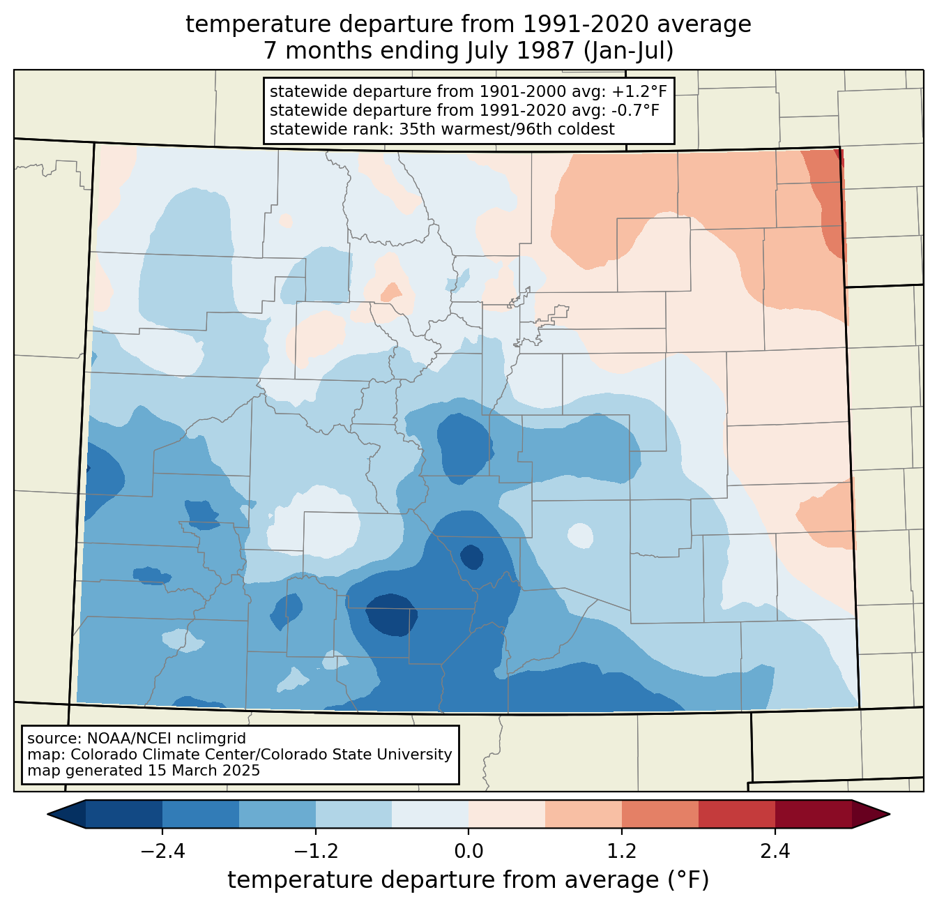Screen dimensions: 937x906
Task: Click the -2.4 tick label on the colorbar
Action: (x=162, y=851)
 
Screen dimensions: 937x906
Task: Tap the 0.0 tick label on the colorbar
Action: (x=468, y=851)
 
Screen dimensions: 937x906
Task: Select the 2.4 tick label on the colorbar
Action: (x=775, y=851)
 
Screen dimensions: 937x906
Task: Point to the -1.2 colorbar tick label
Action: (x=315, y=851)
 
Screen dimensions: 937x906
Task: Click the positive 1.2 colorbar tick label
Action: (x=622, y=851)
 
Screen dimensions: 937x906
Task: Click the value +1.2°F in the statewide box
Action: (x=640, y=91)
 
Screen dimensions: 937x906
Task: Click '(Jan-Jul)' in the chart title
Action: (x=628, y=51)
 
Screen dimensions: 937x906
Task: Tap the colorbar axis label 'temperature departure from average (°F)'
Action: (x=468, y=879)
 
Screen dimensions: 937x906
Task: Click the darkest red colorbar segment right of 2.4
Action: (x=814, y=814)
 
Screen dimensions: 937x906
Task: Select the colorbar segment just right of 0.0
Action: (x=507, y=814)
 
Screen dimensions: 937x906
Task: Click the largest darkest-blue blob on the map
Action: (x=391, y=614)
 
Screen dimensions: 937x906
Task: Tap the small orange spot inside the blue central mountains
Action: (x=391, y=292)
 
